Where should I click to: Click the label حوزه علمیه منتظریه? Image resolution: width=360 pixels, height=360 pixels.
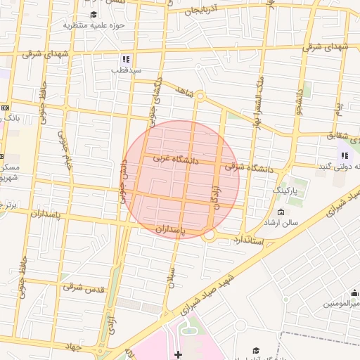pos(94,25)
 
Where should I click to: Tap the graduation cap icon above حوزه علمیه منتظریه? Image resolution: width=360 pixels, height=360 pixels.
pos(94,14)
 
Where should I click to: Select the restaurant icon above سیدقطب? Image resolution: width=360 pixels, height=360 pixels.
pos(126,60)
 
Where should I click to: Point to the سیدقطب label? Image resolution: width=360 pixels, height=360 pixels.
pos(128,70)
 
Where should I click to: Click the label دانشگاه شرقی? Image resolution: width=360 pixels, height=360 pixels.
pos(247,167)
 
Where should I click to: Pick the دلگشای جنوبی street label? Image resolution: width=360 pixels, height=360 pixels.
pos(154,98)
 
